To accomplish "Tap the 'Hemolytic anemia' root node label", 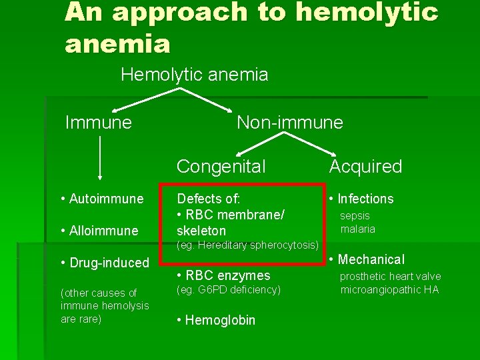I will (194, 75).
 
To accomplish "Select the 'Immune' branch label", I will (98, 122).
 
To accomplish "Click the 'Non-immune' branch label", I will (289, 122).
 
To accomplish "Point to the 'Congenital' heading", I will (221, 166).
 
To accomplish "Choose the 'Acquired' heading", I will (365, 166).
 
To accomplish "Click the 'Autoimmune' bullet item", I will (101, 199).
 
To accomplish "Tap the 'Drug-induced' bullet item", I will (104, 263).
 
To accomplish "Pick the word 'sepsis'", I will (355, 215).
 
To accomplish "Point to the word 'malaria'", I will (357, 229).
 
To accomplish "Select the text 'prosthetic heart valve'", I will (390, 276).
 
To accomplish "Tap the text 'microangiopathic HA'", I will (389, 289).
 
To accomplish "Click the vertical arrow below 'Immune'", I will (100, 158).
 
